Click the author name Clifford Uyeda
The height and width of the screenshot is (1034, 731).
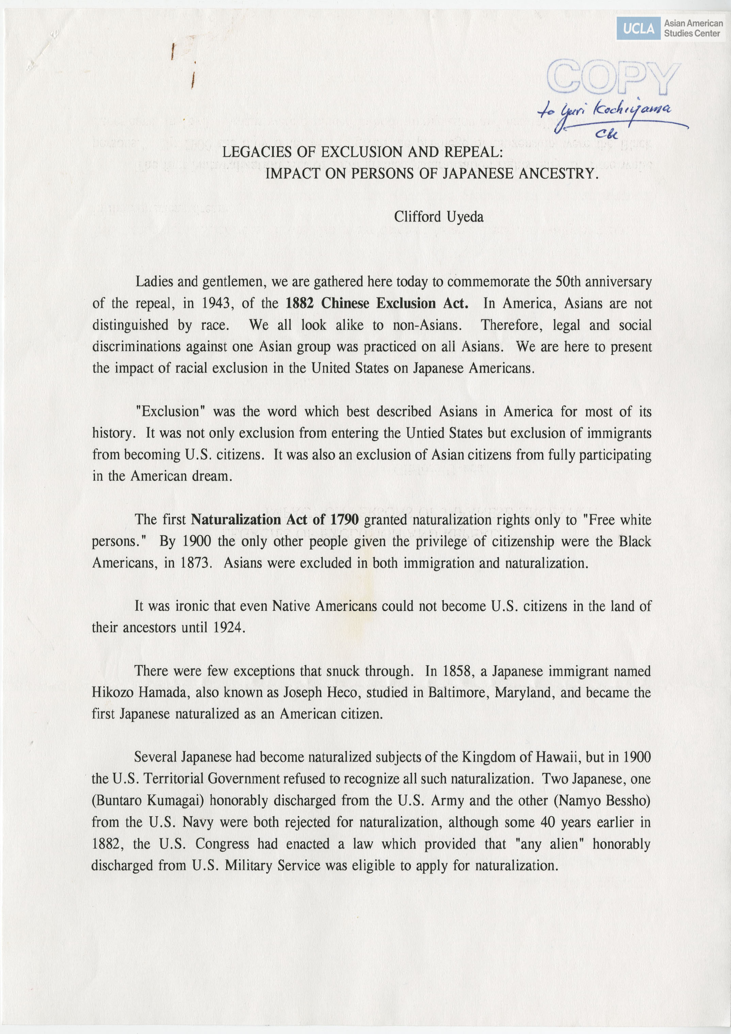439,217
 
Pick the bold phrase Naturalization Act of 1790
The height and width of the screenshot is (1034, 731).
275,520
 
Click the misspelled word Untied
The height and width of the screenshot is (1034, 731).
423,433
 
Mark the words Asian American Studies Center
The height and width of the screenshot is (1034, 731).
693,28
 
